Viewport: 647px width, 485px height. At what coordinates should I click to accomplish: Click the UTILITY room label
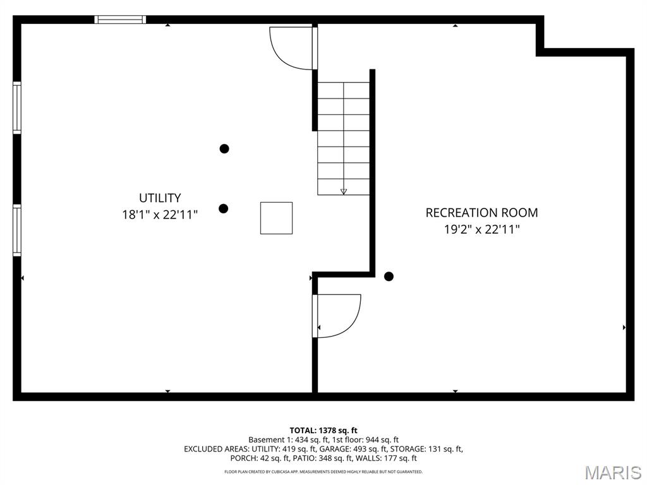point(160,198)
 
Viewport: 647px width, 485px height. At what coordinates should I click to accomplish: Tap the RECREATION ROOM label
point(481,213)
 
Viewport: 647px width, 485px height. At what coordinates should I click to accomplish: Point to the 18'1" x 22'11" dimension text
point(160,215)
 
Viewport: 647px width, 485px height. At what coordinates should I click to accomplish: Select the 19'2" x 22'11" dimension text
point(481,229)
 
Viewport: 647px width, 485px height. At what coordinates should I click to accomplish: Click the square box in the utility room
point(277,218)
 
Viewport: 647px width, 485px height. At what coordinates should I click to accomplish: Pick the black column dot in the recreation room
point(389,277)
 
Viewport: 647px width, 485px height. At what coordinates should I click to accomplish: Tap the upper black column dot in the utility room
point(224,148)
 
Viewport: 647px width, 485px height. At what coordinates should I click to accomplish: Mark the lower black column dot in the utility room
point(223,208)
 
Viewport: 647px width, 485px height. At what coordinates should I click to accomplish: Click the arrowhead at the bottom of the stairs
point(343,191)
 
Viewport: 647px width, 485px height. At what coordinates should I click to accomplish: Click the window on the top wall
point(120,20)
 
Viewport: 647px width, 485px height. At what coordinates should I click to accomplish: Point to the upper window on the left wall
point(17,107)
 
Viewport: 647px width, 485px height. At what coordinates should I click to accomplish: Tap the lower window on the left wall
point(17,230)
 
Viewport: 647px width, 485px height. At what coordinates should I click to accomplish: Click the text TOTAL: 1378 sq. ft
point(323,431)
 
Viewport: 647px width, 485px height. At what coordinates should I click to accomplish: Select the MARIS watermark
point(613,472)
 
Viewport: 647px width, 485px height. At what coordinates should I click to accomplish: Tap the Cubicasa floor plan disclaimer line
point(323,472)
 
